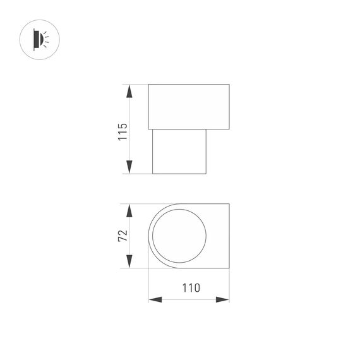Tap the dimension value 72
click(123, 236)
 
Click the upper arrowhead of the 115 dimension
click(129, 91)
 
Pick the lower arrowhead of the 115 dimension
click(129, 167)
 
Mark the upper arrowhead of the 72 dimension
click(129, 211)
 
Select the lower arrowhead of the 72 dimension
click(129, 261)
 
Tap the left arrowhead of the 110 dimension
click(155, 299)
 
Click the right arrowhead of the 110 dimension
click(222, 299)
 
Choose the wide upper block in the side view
click(188, 105)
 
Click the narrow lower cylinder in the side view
click(180, 151)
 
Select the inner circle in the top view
click(180, 236)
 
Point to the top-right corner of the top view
click(229, 204)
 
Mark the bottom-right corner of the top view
click(229, 268)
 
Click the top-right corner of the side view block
click(229, 84)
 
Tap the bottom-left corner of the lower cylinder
click(153, 174)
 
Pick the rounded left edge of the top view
click(149, 236)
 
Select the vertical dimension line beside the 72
click(129, 236)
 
